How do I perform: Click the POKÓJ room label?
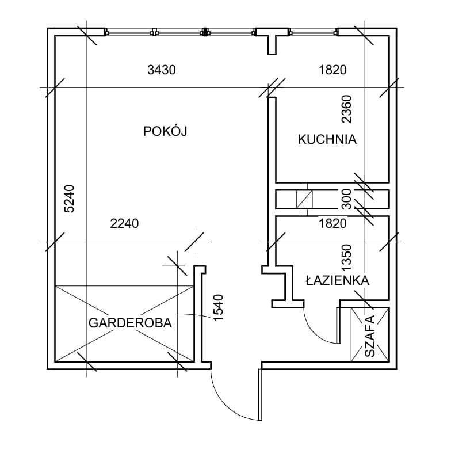tap(165, 131)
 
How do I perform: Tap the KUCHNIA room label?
tap(327, 139)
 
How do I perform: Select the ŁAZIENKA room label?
tap(338, 280)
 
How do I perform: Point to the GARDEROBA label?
tap(130, 323)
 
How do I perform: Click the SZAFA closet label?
tap(369, 336)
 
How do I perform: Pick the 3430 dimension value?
tap(162, 70)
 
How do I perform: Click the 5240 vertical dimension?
tap(70, 199)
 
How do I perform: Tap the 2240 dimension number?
tap(124, 223)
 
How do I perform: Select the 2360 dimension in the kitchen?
tap(346, 109)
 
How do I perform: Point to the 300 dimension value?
tap(346, 199)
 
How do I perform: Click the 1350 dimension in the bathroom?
tap(346, 257)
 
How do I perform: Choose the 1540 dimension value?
tap(218, 307)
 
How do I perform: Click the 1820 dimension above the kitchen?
tap(332, 70)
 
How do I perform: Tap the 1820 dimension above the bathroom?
tap(332, 223)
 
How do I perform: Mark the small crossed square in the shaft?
tap(304, 199)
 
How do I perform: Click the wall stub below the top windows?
tap(272, 45)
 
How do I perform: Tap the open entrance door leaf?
tap(261, 394)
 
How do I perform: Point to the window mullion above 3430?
tap(154, 32)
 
